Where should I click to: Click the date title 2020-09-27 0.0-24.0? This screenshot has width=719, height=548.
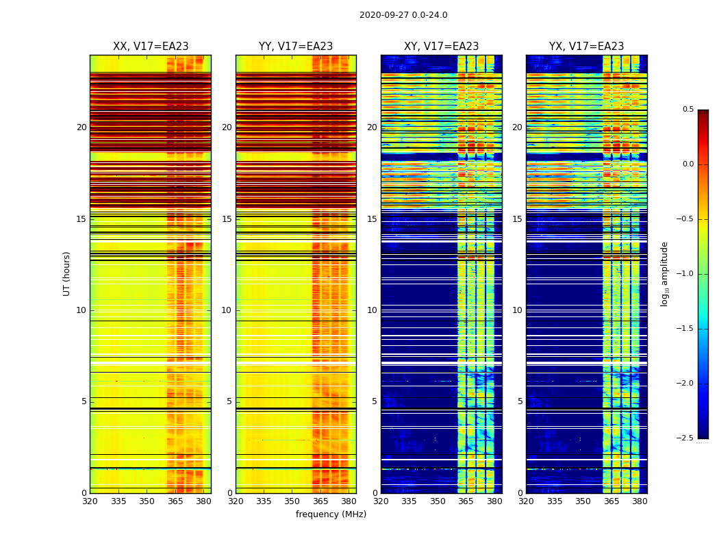coord(403,15)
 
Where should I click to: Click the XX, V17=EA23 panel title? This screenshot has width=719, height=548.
coord(151,47)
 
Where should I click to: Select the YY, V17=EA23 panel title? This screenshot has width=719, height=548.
coord(296,47)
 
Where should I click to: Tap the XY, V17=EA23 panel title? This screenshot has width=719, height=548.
coord(441,47)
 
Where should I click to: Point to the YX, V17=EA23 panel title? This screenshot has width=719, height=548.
coord(586,47)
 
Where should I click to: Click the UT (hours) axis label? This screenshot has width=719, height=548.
coord(66,273)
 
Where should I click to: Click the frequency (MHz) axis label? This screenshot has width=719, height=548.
coord(331,514)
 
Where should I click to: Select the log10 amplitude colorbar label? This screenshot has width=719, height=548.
coord(664,274)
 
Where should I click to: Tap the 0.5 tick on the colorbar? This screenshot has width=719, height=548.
coord(688,110)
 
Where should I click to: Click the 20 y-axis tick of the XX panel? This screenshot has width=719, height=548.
coord(81,127)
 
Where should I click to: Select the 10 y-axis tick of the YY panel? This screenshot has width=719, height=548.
coord(227,310)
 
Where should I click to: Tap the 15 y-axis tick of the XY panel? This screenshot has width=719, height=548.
coord(372,219)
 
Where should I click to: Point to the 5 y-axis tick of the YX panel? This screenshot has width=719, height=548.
coord(520,401)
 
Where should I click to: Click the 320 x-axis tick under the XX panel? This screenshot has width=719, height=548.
coord(90,501)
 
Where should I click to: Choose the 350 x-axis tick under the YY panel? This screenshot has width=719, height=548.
coord(292,501)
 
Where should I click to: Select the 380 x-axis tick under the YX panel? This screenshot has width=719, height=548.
coord(640,501)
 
